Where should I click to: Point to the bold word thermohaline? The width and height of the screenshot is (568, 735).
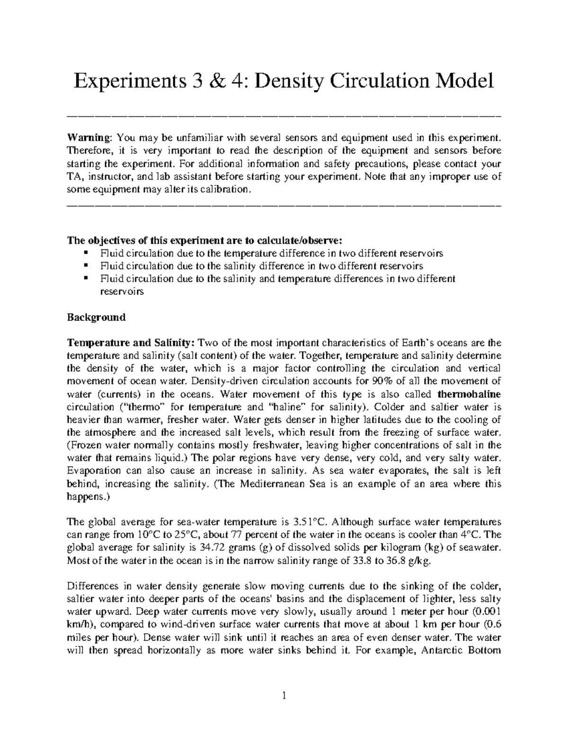(469, 394)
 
